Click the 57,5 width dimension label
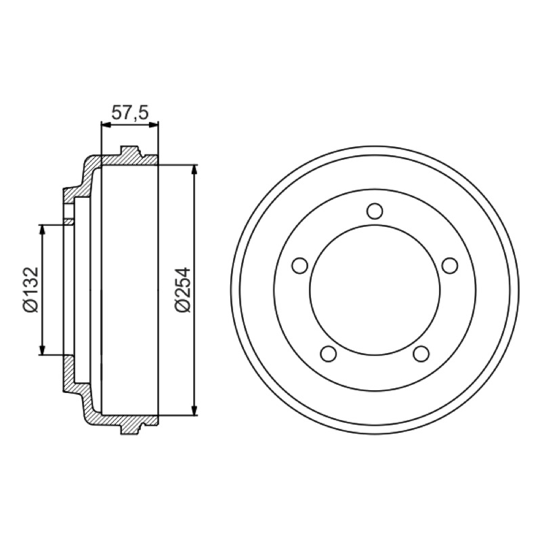coord(129,113)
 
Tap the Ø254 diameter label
coord(183,290)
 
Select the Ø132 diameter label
coord(30,290)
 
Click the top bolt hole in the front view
coord(375,211)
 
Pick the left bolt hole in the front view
coord(299,266)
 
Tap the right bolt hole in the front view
coord(450,266)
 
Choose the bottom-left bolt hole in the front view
coord(329,354)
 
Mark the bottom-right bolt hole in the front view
coord(421,354)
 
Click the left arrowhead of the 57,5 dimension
coord(105,125)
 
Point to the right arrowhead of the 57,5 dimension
coord(154,125)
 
